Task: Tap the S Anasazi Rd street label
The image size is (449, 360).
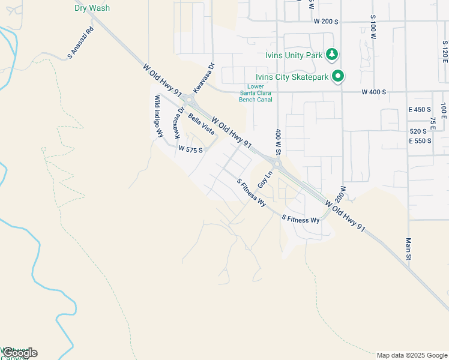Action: coord(81,43)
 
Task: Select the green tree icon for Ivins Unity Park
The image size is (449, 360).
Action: coord(332,55)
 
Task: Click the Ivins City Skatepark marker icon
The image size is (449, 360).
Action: coord(338,76)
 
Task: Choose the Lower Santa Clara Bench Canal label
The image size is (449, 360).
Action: coord(256,92)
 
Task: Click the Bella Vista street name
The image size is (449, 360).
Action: coord(201,124)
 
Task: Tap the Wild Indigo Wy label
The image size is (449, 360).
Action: coord(158,116)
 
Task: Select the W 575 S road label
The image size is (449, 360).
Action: coord(191,149)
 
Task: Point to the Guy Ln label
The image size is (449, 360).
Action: coord(265,179)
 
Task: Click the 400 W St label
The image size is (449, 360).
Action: coord(279,142)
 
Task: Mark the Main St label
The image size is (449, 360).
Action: coord(408,249)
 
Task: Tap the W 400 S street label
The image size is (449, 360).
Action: coord(374,92)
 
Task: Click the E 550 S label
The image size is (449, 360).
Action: coord(420,141)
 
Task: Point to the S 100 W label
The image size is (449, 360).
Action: coord(373,24)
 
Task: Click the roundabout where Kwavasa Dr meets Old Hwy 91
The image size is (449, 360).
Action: coord(189,100)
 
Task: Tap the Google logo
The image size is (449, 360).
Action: coord(19,353)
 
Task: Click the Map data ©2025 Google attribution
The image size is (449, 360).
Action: coord(412,355)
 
